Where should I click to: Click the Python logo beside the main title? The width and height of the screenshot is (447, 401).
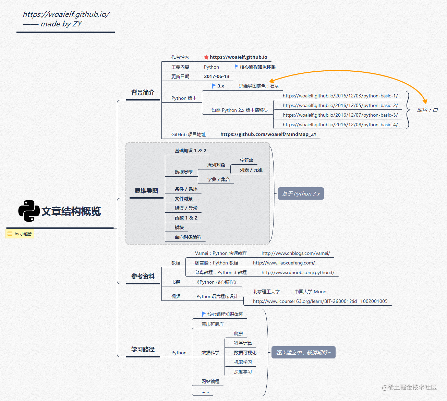coord(29,211)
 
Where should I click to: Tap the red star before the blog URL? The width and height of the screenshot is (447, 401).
coord(206,57)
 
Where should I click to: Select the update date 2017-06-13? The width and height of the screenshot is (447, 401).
coord(217,76)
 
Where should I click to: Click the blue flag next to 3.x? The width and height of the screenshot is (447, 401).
coord(214,86)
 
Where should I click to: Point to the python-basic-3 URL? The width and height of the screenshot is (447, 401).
coord(340,115)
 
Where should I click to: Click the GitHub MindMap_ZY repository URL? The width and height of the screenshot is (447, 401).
coord(268,134)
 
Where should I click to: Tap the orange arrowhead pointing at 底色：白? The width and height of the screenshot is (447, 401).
coord(425,101)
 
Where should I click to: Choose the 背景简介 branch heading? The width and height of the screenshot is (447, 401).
coord(143,93)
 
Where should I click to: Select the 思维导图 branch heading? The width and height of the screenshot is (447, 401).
coord(146,191)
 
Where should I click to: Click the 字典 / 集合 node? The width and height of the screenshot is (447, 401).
coord(218,179)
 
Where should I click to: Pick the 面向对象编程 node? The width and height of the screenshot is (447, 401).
coord(188,237)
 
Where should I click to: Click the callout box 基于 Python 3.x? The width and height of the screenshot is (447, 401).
coord(301,194)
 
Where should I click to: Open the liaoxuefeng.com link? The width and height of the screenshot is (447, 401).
coord(284,263)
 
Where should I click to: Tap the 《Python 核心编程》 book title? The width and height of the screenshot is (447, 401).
coord(216,282)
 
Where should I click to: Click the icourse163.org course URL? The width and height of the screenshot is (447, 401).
coord(320,301)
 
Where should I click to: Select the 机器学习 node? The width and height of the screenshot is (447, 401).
coord(243,362)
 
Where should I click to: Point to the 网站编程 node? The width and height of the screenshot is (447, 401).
coord(210,381)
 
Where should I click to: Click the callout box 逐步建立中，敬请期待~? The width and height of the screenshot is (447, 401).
coord(303,352)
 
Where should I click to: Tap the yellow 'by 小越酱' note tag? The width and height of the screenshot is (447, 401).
coord(20,234)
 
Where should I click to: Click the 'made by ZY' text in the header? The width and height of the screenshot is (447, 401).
coord(61,24)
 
